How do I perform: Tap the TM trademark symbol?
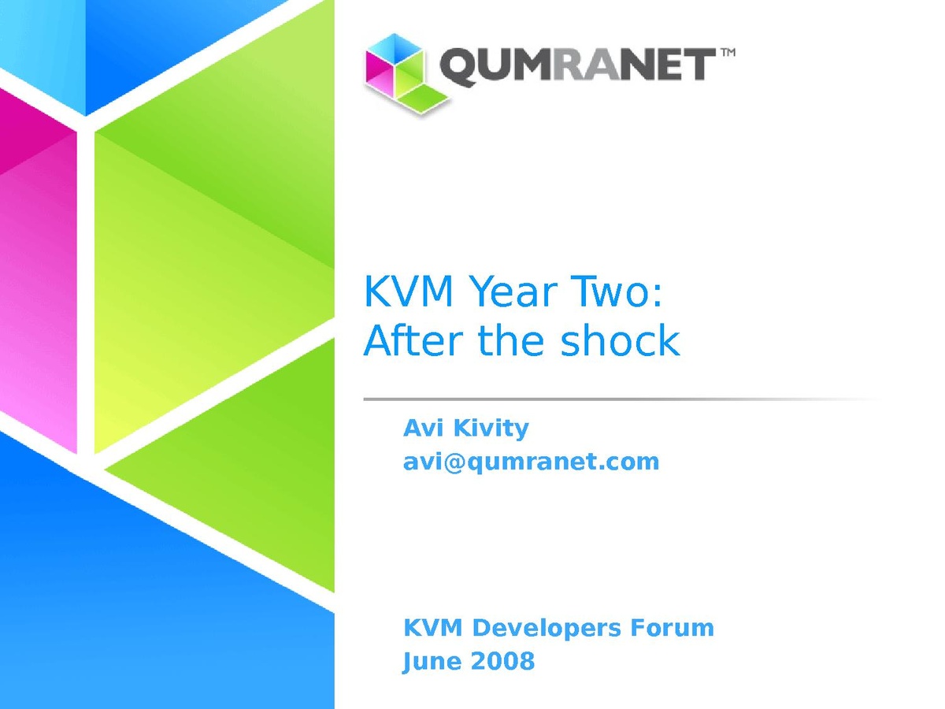[728, 53]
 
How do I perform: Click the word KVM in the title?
[408, 291]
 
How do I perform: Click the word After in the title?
[413, 340]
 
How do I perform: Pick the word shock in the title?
[620, 340]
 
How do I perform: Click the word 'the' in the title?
[511, 340]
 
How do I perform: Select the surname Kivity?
[491, 429]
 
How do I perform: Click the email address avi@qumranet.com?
[531, 462]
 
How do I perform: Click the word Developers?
[547, 628]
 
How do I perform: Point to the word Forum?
[672, 627]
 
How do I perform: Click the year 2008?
[502, 661]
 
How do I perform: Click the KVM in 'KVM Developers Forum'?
[432, 627]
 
